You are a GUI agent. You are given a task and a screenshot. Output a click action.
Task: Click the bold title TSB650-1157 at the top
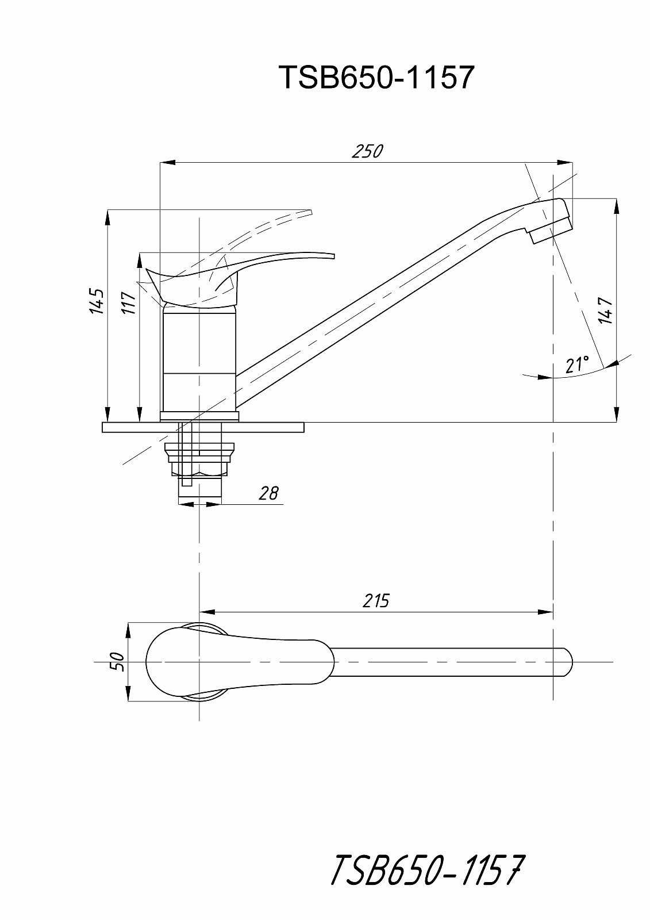376,77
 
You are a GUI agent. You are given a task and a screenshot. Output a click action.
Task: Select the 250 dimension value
367,152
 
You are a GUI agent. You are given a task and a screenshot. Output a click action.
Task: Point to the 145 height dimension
97,301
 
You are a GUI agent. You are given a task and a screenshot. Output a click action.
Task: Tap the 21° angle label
577,364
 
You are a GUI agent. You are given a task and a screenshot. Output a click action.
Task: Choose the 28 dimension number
268,493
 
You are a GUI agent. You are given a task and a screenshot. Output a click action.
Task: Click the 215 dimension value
376,601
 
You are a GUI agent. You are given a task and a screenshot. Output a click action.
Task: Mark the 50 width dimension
118,662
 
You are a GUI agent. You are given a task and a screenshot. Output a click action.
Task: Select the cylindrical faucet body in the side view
199,362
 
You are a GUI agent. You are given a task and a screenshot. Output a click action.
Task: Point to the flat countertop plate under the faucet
203,427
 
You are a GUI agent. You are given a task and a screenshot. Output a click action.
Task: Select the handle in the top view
240,662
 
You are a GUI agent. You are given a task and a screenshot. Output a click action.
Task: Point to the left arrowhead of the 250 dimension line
167,162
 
